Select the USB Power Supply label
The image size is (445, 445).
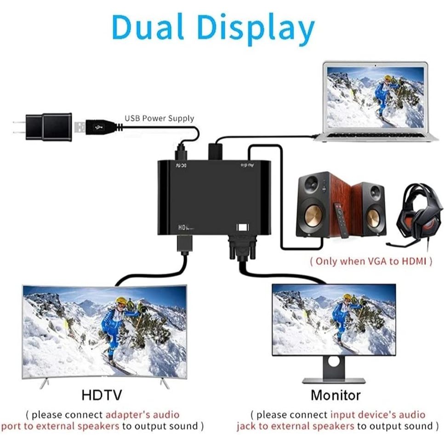point(159,119)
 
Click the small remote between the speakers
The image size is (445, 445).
point(342,224)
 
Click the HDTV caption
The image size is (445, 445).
point(102,394)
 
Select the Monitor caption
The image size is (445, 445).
point(335,394)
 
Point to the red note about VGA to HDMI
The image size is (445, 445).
point(371,261)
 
